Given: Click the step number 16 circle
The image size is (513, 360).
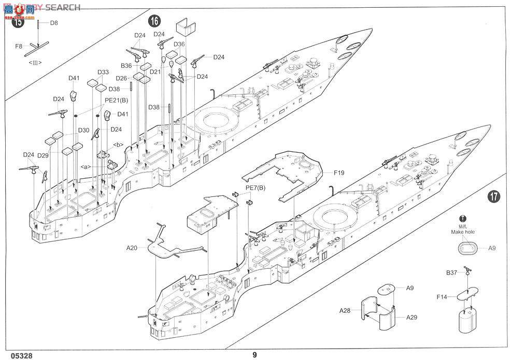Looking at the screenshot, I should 154,21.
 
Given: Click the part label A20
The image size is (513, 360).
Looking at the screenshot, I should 132,249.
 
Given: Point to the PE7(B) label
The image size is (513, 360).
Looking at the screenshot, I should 255,187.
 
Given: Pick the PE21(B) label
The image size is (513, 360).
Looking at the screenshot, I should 116,100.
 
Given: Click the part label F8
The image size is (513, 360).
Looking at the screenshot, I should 19,46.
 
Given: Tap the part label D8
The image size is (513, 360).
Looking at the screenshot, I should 54,23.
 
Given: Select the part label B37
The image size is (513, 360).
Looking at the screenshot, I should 452,272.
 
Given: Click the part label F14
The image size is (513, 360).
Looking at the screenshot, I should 441,297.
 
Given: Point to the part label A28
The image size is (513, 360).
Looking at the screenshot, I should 345,311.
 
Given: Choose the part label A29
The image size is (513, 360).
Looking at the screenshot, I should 412,318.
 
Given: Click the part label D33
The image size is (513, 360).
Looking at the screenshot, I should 103,72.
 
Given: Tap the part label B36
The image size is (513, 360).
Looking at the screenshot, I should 127,66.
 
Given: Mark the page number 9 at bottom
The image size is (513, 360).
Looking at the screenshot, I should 255,355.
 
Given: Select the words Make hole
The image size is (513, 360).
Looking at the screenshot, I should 463,232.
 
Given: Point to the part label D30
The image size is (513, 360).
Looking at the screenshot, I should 84,130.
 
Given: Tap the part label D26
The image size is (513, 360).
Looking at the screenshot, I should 121,78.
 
